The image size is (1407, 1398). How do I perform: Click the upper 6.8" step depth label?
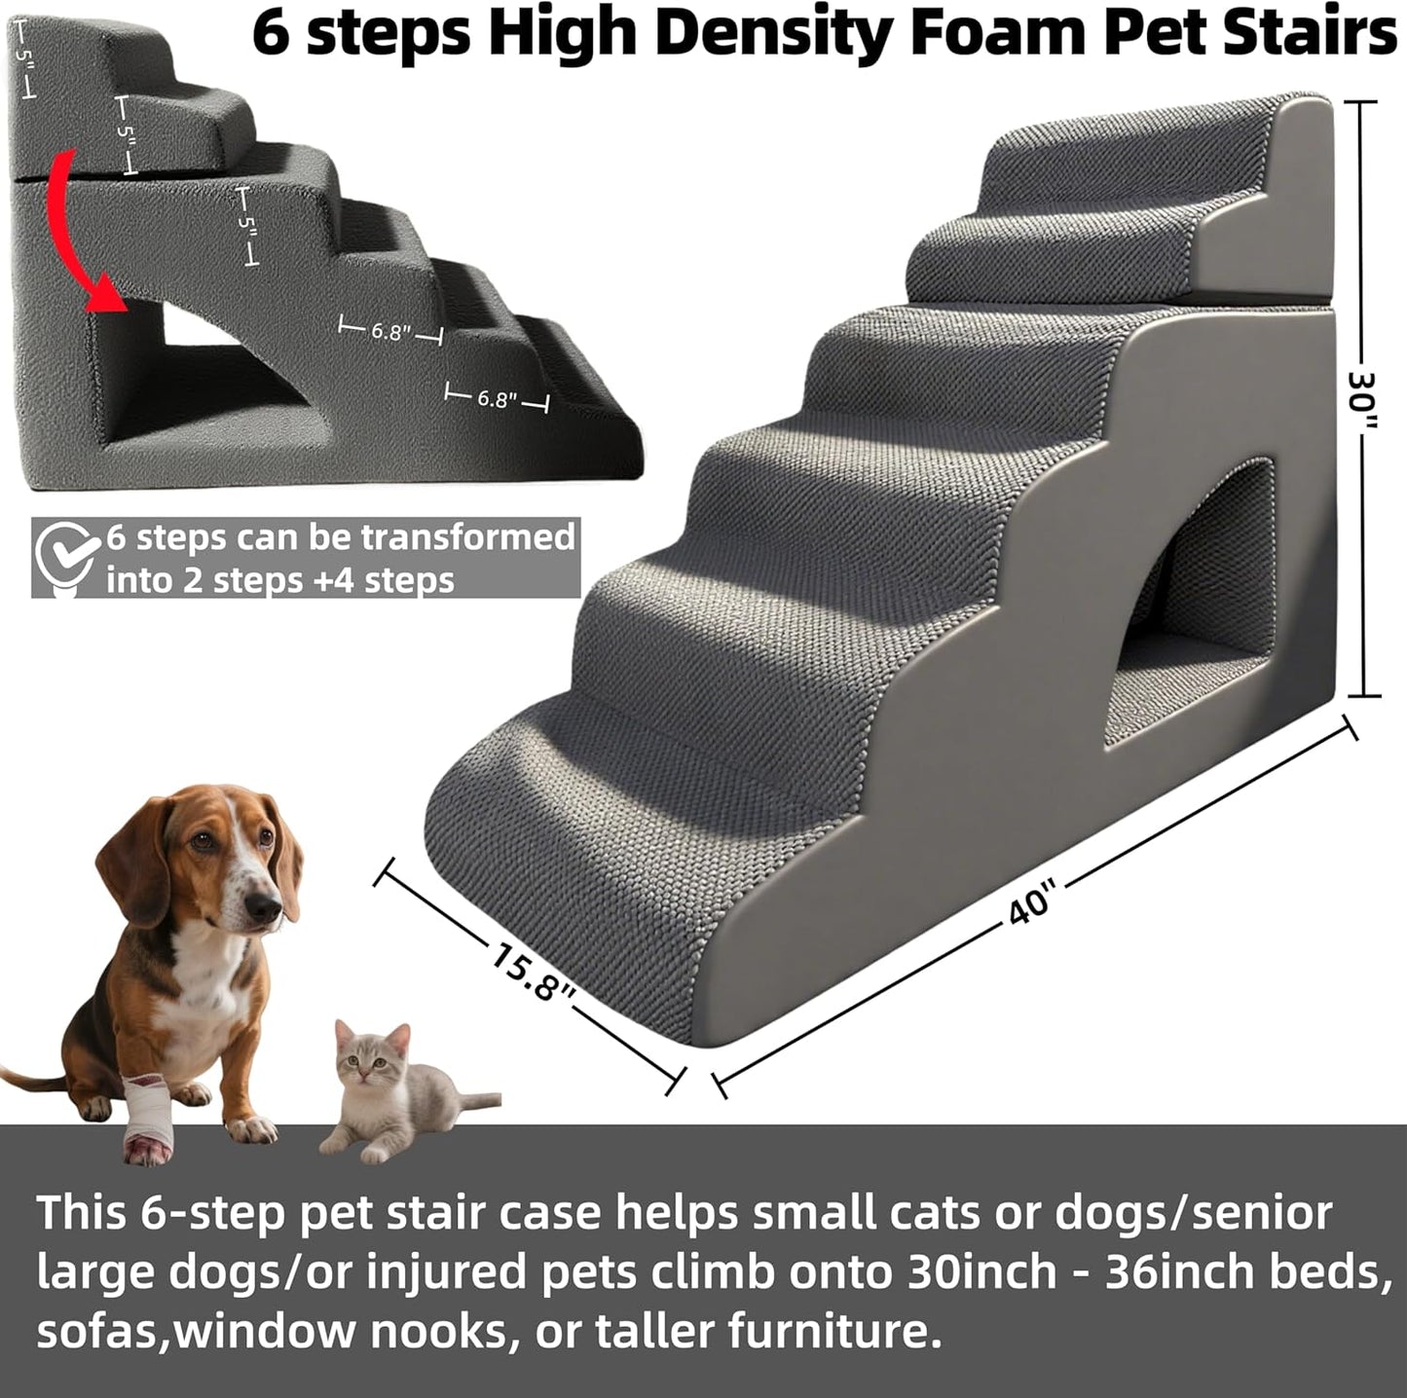[389, 332]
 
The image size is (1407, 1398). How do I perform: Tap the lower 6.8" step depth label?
[496, 399]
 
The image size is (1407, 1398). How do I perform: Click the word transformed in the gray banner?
[467, 537]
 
